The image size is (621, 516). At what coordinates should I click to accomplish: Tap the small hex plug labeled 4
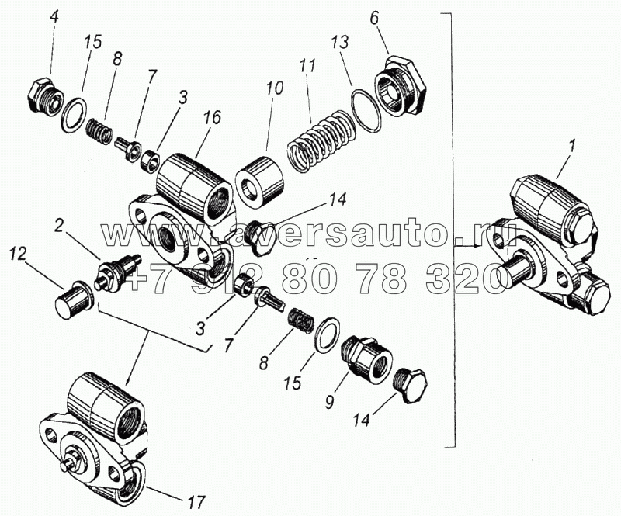44,95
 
